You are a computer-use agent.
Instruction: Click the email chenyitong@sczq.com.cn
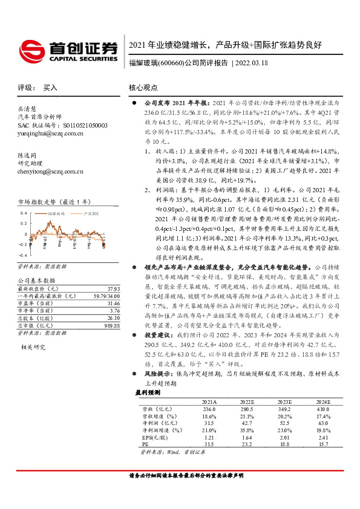51,172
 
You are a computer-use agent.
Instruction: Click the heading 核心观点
144,87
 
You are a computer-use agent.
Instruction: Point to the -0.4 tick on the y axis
22,256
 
